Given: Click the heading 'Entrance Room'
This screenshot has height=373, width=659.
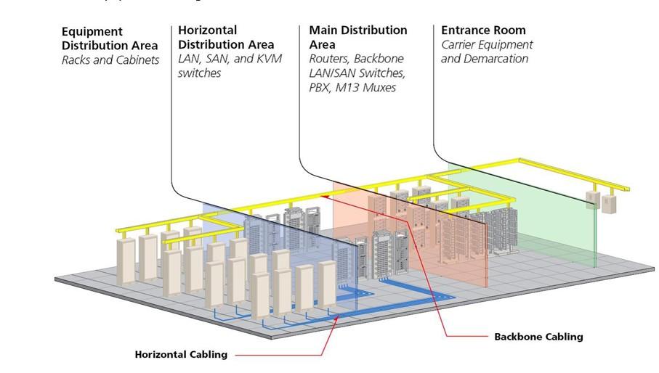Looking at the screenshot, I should pos(483,30).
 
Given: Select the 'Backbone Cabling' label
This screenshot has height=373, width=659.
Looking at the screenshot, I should pos(538,337).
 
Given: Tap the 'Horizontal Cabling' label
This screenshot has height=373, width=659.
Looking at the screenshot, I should pos(181,355).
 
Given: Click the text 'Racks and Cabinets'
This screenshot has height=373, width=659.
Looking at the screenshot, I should pos(110,60).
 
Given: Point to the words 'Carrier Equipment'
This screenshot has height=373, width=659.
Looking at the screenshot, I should pos(486,45).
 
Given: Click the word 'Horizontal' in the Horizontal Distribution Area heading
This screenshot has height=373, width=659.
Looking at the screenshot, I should pos(207,30).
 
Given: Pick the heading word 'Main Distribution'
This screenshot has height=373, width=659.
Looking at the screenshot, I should pos(357,30).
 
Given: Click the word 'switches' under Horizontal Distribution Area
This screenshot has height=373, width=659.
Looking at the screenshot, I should pos(199,73).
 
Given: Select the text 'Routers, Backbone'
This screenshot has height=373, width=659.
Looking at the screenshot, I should pos(356,59).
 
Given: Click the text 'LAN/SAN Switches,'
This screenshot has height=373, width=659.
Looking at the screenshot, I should pos(357,73).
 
